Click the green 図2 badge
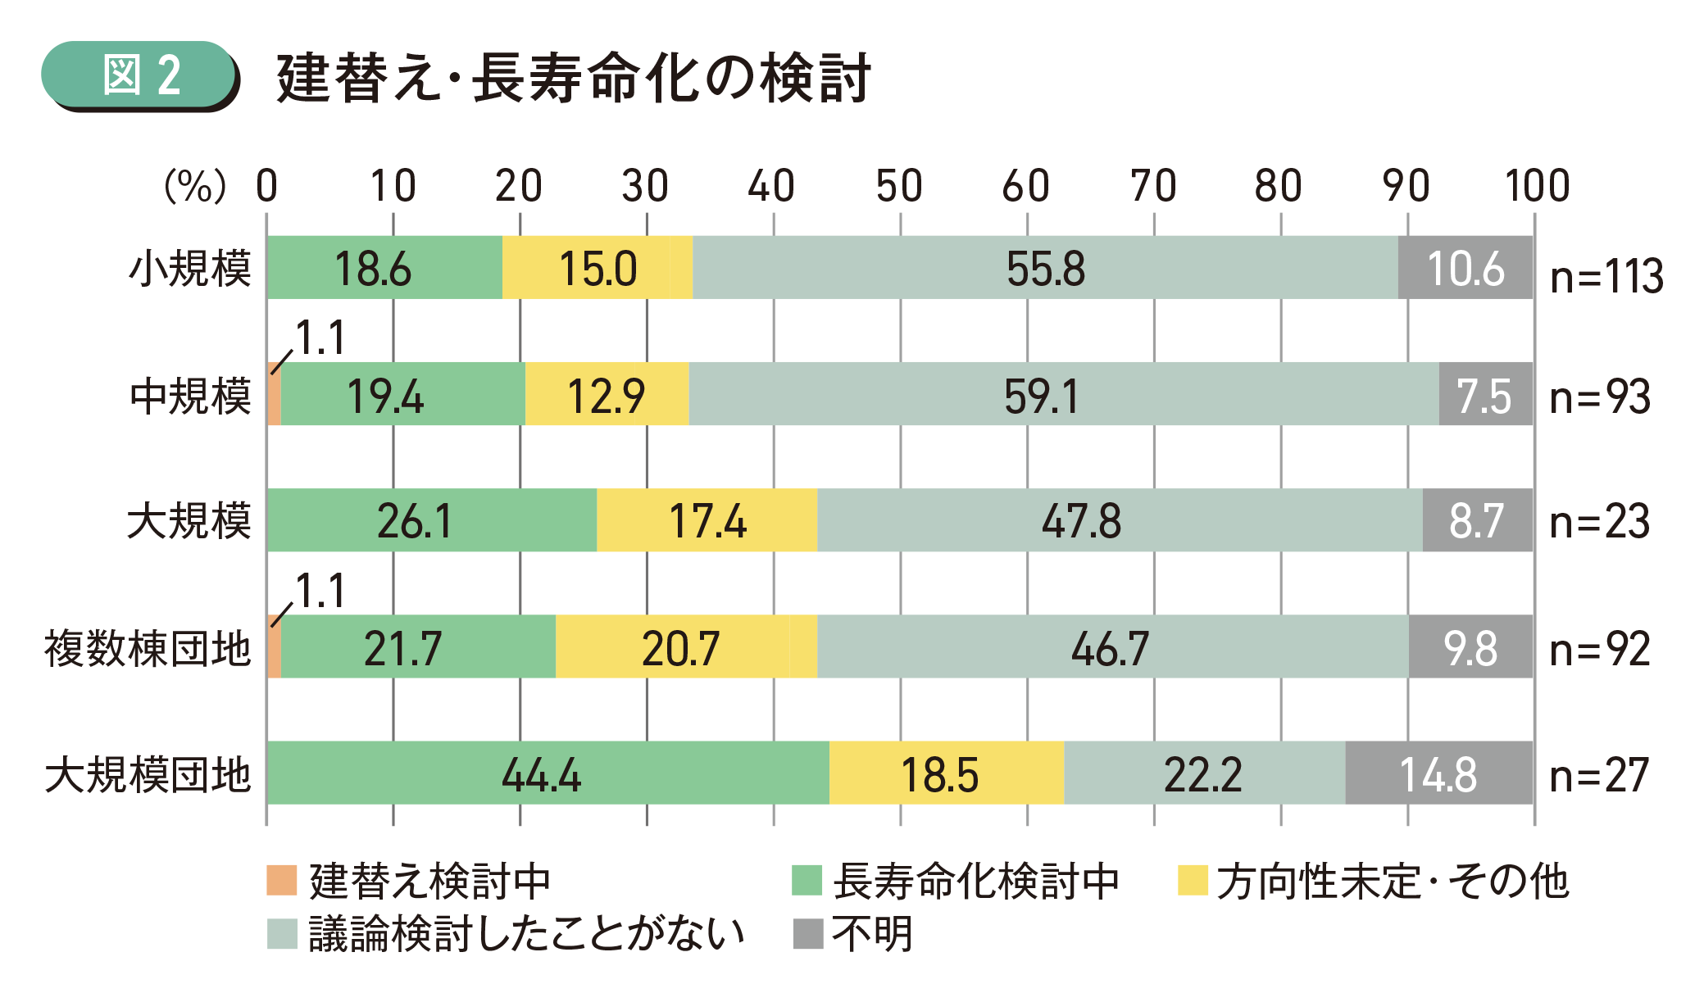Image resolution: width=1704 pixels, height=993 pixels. [x=139, y=75]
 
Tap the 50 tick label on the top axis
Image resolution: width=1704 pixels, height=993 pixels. [x=899, y=186]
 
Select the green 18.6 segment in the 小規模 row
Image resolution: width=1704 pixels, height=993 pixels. [x=384, y=268]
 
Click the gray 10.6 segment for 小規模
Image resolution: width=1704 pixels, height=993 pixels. [x=1465, y=268]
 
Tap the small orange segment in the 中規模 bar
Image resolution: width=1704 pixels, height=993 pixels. [x=275, y=395]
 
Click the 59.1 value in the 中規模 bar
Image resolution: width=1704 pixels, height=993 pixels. [x=1042, y=396]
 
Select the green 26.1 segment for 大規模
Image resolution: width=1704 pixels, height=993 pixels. [x=431, y=520]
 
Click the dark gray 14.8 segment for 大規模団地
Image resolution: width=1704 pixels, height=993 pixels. [x=1438, y=773]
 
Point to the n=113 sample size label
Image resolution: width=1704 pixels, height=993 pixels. [x=1606, y=276]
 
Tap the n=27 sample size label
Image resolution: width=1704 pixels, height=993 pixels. [x=1598, y=775]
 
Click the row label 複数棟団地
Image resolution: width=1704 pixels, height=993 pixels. [x=148, y=649]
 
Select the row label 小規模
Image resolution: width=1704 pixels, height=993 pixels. [x=190, y=269]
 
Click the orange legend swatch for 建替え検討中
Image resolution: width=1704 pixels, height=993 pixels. [x=281, y=881]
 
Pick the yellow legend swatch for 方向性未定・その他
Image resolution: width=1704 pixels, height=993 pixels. [x=1192, y=881]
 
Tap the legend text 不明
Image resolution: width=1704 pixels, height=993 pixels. [x=872, y=934]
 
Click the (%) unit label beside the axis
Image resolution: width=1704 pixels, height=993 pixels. [x=195, y=186]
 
